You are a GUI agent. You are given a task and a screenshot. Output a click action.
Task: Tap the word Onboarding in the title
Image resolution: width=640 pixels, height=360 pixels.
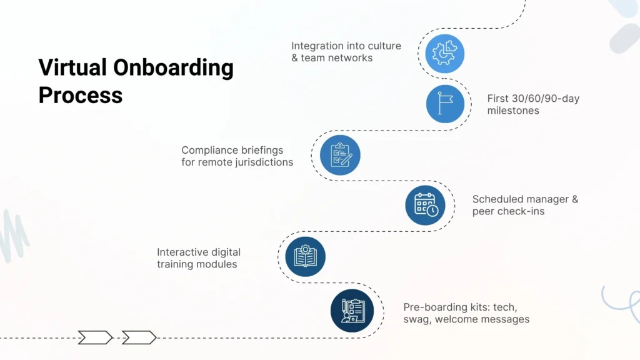tap(177, 67)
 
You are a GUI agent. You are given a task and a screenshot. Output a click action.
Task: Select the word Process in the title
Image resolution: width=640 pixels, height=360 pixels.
tap(80, 95)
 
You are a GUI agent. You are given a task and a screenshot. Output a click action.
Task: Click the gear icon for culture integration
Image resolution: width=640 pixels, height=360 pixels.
tap(445, 54)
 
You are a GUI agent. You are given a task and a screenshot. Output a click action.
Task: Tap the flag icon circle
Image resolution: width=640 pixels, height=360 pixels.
tap(445, 104)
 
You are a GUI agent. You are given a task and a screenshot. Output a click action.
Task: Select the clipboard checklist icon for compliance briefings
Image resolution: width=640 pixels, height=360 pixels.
tap(341, 154)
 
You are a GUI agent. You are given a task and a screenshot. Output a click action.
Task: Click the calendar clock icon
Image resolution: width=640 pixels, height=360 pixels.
tap(425, 205)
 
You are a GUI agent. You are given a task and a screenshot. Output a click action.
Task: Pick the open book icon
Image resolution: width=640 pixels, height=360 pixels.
tap(306, 256)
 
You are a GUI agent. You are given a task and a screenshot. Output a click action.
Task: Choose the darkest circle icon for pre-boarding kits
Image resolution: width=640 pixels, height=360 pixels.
tap(352, 310)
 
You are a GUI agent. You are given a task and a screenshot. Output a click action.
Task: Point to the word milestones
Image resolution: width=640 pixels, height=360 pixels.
tap(513, 111)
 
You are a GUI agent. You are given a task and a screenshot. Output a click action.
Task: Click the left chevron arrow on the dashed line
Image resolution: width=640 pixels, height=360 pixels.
tap(95, 337)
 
